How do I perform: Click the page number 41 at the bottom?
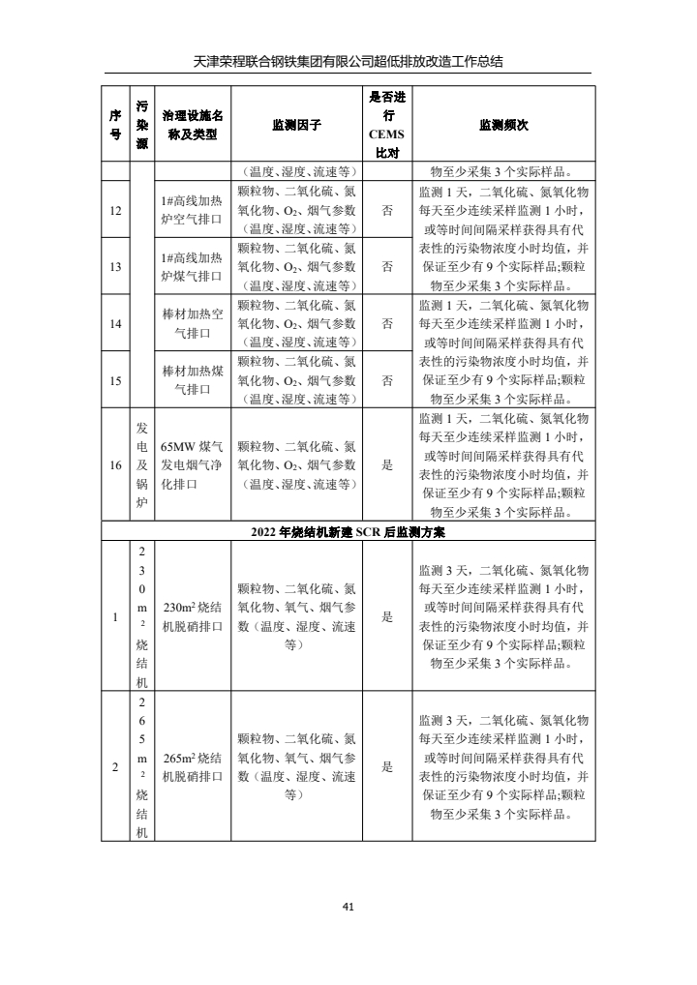click(348, 907)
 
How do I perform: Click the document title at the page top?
click(348, 62)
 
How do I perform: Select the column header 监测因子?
click(296, 126)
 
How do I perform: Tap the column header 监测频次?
click(503, 126)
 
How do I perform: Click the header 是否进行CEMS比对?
click(387, 126)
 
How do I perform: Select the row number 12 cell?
click(115, 211)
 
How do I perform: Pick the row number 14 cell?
click(115, 323)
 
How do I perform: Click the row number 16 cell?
click(115, 465)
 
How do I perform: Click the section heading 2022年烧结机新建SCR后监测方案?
click(348, 531)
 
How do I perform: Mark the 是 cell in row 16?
click(387, 465)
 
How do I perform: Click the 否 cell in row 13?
click(387, 267)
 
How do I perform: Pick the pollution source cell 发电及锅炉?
click(141, 465)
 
